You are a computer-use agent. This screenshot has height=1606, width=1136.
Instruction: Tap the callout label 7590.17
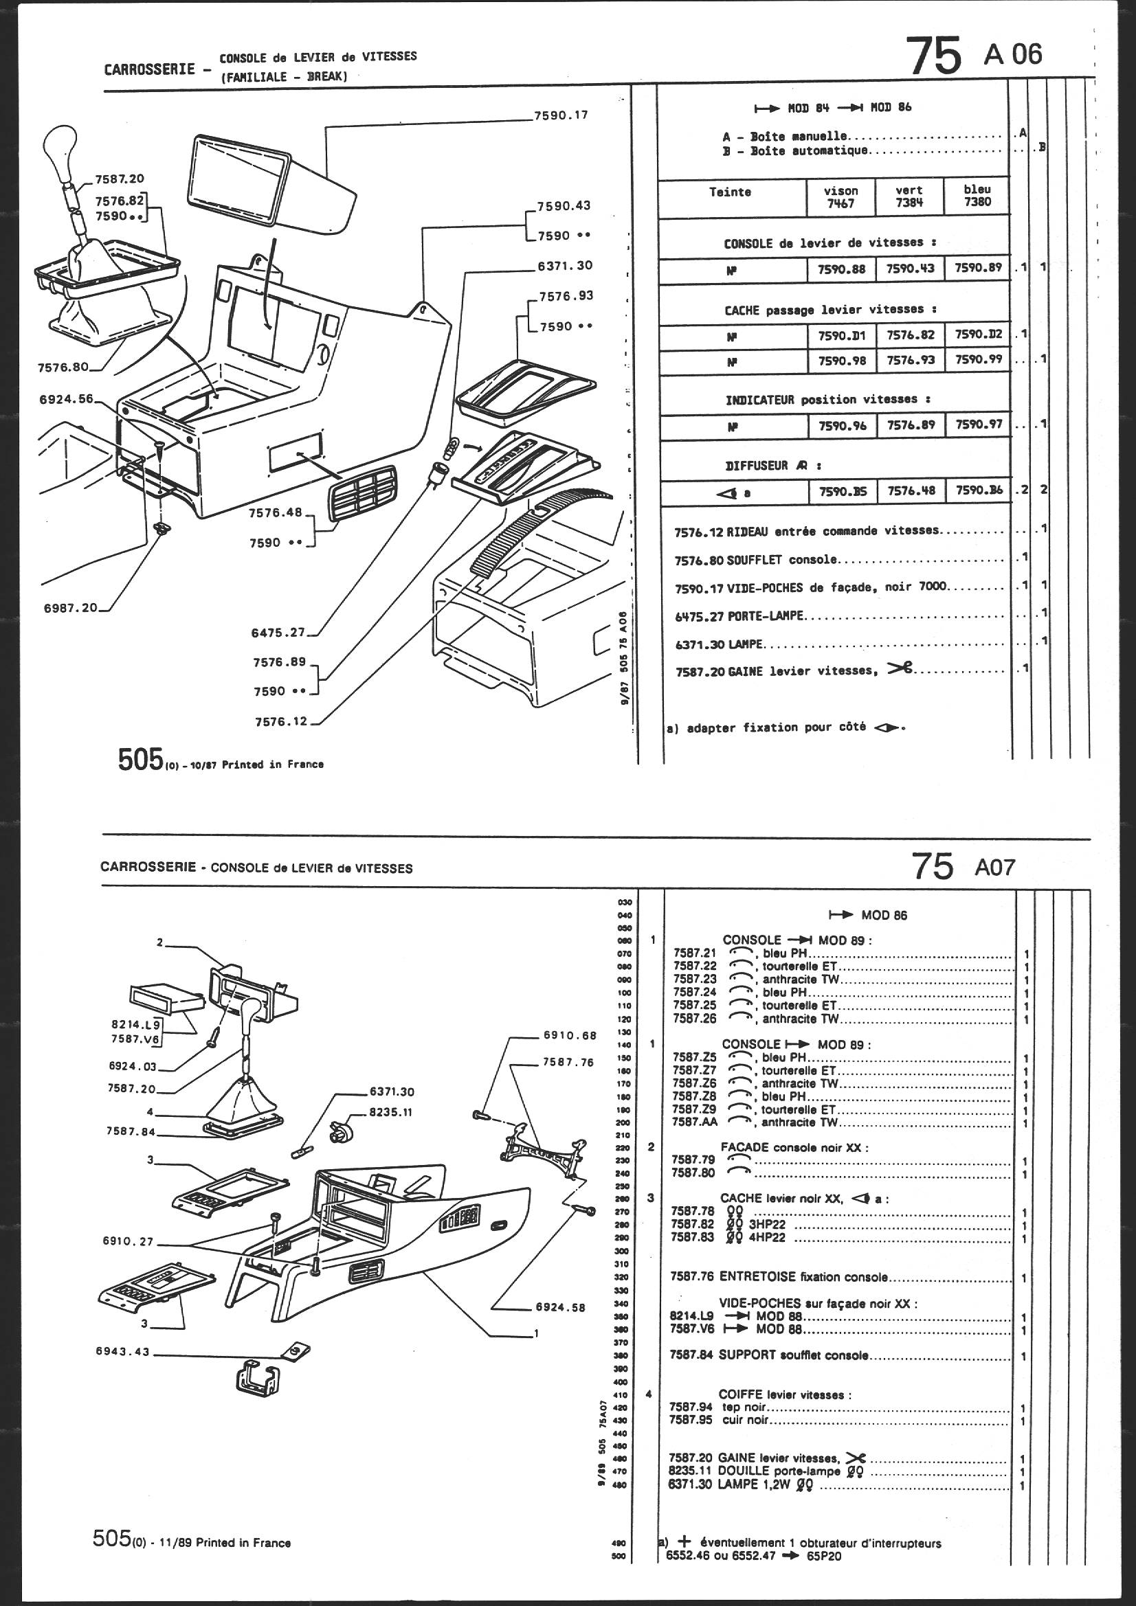coord(561,115)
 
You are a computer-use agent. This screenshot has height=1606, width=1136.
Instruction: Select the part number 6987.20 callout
coord(71,608)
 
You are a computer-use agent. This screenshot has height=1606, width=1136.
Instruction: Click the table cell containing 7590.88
coord(840,269)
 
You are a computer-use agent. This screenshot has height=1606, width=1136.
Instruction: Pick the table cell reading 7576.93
coord(910,360)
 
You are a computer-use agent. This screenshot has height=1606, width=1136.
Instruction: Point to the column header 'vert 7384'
coord(909,196)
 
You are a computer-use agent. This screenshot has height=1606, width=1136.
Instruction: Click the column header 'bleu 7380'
coord(977,196)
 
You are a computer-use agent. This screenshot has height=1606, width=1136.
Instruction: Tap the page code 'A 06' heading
coord(1012,55)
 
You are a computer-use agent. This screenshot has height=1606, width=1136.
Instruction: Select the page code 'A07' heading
coord(994,868)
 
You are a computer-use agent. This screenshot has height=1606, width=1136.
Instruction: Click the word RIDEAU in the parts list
coord(751,532)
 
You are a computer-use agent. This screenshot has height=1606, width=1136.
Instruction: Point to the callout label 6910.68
coord(569,1035)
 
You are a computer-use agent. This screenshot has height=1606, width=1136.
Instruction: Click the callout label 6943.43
coord(123,1351)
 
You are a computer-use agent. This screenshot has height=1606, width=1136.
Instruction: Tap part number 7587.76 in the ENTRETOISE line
coord(691,1277)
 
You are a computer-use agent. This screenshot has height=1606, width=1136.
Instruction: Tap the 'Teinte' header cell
coord(730,192)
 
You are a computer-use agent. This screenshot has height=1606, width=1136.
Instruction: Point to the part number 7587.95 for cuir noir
coord(690,1420)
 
